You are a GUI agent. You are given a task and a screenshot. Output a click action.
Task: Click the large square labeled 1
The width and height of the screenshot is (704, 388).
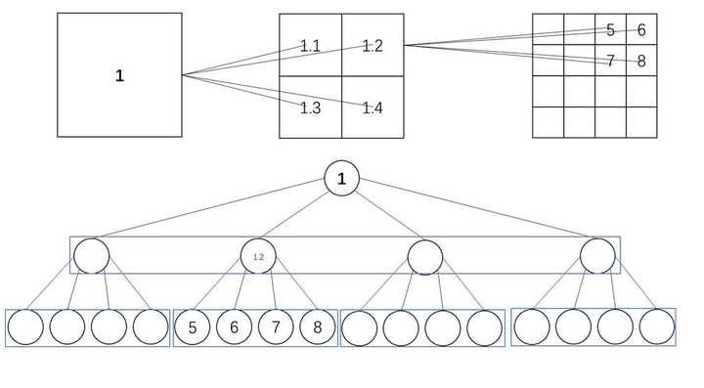point(119,75)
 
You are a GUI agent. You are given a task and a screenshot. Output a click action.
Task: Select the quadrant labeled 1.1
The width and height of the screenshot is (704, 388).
point(311,45)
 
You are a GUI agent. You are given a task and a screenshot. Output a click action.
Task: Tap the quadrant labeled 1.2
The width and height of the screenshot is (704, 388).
point(373,45)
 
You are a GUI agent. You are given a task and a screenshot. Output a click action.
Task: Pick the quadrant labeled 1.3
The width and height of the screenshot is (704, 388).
point(311,107)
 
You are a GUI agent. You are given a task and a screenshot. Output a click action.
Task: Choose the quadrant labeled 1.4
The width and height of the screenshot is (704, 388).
point(373,107)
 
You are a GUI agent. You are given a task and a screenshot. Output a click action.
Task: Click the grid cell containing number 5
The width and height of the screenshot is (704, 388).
point(610,29)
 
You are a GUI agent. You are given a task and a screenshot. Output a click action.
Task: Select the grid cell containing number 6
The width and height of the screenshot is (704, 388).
point(640,29)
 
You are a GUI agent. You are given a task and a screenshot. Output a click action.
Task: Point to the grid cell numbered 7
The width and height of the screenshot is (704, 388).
point(610,61)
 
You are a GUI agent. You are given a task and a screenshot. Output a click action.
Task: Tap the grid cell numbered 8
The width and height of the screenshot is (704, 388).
point(640,61)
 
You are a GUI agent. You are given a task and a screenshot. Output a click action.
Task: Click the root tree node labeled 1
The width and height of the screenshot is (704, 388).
point(341,179)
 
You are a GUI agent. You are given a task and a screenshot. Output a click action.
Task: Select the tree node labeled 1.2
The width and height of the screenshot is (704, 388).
point(258,256)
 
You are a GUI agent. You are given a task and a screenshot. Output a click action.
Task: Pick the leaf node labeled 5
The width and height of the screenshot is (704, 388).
point(193,327)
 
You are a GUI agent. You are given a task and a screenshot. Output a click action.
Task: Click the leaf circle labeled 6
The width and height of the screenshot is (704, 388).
point(235,327)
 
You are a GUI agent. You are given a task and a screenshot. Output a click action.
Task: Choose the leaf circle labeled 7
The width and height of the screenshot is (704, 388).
point(277,327)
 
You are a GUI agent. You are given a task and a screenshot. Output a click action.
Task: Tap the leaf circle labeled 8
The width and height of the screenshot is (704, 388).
point(318,327)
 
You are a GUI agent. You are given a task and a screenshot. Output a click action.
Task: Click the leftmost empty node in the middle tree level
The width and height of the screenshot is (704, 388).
point(91,256)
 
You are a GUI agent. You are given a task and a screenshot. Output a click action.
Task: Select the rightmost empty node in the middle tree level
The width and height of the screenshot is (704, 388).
point(597,256)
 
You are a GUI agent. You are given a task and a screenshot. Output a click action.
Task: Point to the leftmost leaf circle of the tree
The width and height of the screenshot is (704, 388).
point(25,327)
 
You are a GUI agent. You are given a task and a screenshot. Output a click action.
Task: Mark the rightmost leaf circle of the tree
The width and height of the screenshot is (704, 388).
point(657,327)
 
